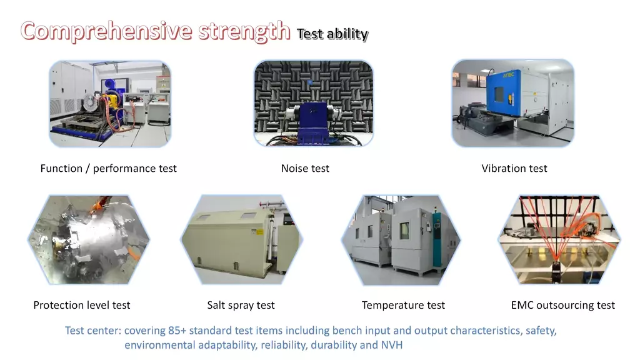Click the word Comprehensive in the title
pos(106,31)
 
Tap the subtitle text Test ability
pos(332,34)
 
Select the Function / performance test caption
pos(109,168)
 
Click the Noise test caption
pos(305,168)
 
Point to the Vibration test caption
pos(514,168)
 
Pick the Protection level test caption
pos(82,305)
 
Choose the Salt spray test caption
pos(241,305)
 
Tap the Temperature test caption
pos(403,305)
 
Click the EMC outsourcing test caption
pos(563,305)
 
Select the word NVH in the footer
pos(391,345)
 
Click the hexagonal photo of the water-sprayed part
pos(89,239)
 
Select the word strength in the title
pos(244,31)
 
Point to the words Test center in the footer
pos(92,330)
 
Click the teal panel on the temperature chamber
pos(437,240)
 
